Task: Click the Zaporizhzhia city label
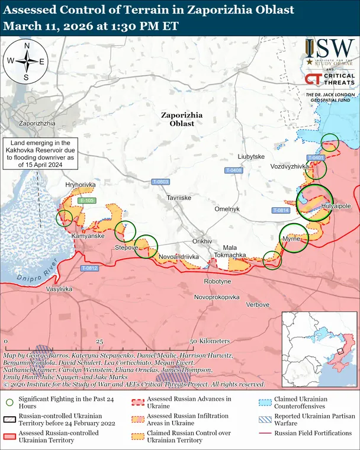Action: [37, 123]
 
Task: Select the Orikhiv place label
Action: [202, 242]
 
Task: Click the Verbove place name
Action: [258, 304]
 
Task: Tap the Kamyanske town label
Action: [88, 236]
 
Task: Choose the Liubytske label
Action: [250, 157]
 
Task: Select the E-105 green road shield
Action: [86, 201]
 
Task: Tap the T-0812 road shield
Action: [89, 268]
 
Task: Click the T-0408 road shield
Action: [234, 171]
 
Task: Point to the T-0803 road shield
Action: [160, 181]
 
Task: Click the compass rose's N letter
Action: [26, 46]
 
